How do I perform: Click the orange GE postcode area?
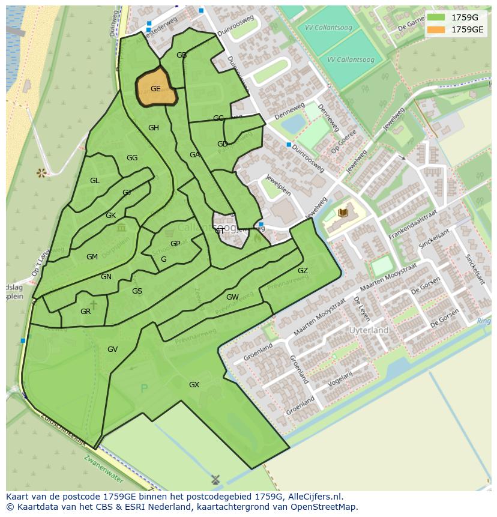coord(156,89)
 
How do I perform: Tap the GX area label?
coord(194,384)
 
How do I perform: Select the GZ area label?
coord(303,271)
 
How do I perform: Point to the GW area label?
coord(232,297)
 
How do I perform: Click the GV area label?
coord(112,349)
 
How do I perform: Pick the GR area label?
coord(85,312)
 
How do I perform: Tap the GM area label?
coord(92,257)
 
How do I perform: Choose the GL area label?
coord(95,181)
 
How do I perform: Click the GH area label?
coord(154,128)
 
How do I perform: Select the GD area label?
coord(223,144)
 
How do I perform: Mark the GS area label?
coord(137,291)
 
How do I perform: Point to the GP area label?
coord(175,244)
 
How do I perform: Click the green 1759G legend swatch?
coord(436,17)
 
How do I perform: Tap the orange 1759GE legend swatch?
coord(436,29)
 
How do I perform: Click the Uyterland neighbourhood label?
coord(369,330)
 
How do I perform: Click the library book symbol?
coord(343,213)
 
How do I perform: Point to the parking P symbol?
coord(143,389)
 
